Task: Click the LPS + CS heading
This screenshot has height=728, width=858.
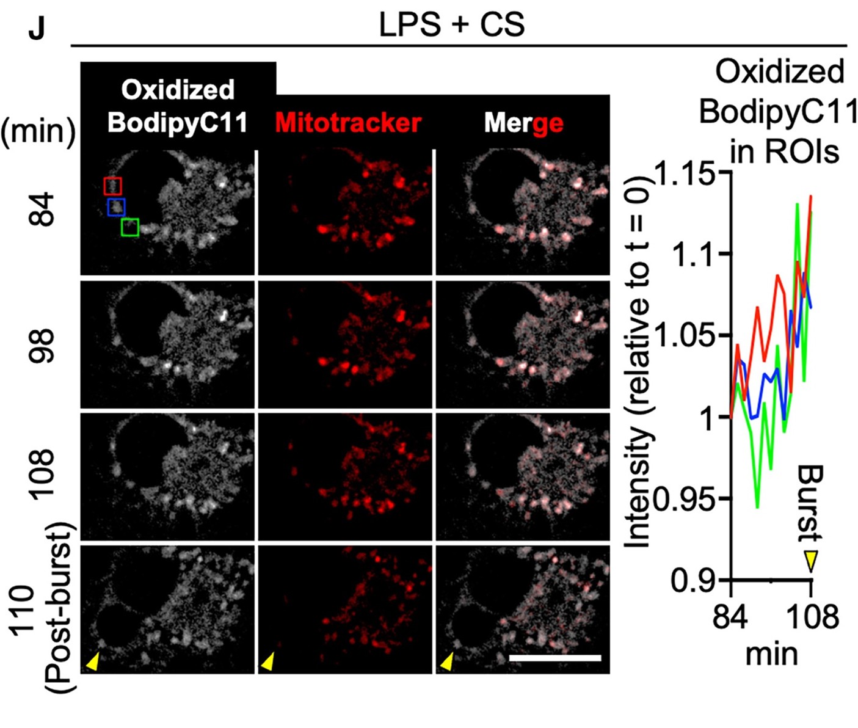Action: point(451,25)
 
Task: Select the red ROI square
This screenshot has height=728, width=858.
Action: point(113,186)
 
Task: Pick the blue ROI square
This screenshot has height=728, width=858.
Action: point(116,207)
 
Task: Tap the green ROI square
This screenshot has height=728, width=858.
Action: point(130,227)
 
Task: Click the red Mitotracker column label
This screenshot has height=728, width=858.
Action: point(348,123)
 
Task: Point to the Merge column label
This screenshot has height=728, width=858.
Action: point(523,123)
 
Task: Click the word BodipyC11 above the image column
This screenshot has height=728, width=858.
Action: point(178,123)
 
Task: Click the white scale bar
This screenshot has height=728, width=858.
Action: point(554,658)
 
